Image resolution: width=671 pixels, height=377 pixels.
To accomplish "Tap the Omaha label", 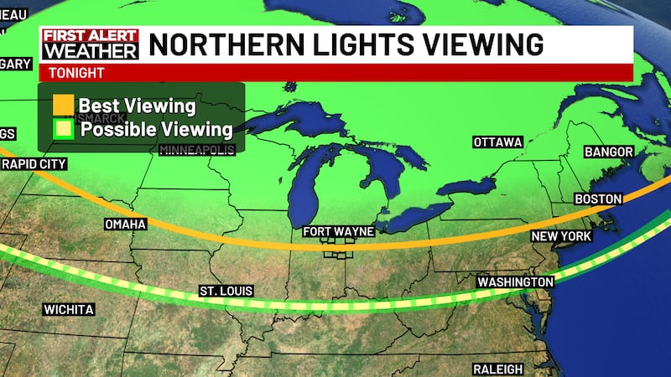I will click(x=125, y=225).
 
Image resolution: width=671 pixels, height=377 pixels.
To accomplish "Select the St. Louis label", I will click(x=225, y=291).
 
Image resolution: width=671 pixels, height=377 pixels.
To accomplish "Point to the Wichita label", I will click(x=68, y=310).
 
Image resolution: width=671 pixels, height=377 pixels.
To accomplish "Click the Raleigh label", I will click(x=497, y=369).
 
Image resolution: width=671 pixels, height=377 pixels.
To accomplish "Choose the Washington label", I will click(x=515, y=282).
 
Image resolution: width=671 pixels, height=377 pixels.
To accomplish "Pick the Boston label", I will click(x=597, y=199).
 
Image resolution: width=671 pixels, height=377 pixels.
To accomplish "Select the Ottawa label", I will click(x=497, y=142).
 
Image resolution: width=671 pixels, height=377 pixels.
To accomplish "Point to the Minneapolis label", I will click(x=197, y=151).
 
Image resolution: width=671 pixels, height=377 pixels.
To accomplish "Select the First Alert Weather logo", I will click(x=90, y=45).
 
